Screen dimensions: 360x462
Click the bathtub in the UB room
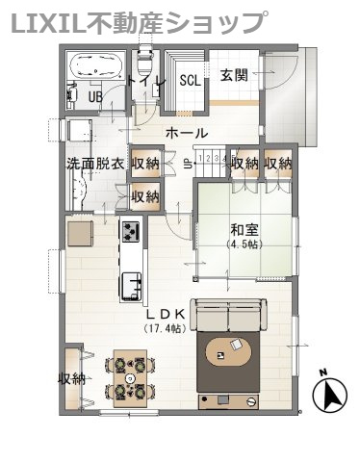point(95,66)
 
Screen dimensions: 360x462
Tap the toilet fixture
point(144,61)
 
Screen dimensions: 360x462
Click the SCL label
point(190,81)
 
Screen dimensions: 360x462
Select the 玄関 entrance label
point(234,75)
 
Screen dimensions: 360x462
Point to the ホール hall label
point(187,133)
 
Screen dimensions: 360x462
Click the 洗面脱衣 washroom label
point(95,165)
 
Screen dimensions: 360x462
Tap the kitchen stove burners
point(131,232)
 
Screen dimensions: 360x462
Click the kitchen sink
point(132,286)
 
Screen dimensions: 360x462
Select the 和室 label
point(244,230)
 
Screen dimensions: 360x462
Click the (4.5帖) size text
point(244,244)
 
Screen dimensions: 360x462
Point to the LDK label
point(166,314)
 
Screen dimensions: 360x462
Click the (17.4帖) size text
point(165,328)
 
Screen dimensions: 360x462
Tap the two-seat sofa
point(228,316)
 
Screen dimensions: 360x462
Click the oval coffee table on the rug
point(228,353)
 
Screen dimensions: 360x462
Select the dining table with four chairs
point(130,378)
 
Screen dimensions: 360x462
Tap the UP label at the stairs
point(186,165)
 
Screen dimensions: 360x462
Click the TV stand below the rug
point(228,401)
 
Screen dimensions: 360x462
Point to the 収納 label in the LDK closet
point(71,379)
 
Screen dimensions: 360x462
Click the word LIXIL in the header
point(49,22)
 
